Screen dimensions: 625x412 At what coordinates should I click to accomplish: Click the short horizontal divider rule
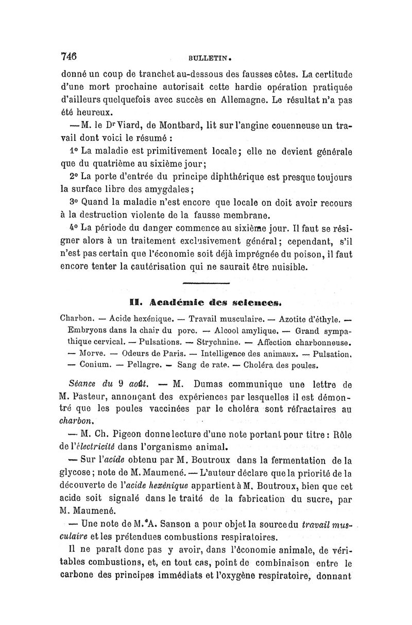pyautogui.click(x=205, y=283)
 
